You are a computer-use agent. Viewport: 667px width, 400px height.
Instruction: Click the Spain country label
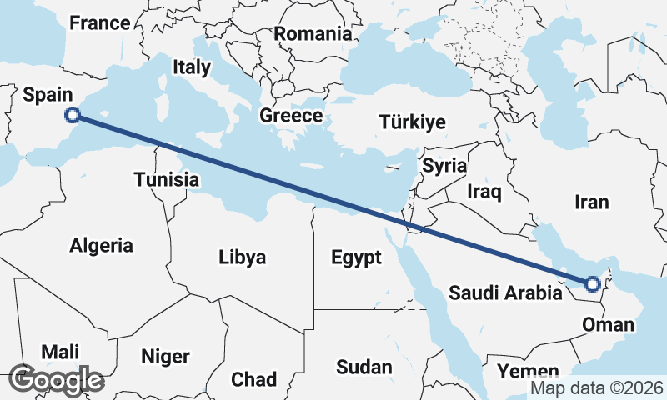coord(47,96)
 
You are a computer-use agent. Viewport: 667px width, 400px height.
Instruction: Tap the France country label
coord(99,23)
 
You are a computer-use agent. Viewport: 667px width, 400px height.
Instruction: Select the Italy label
coord(191,67)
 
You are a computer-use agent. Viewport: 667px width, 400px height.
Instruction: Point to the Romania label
coord(313,34)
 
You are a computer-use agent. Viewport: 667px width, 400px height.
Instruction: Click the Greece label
coord(290,116)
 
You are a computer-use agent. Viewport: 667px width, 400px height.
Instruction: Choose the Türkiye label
coord(412,122)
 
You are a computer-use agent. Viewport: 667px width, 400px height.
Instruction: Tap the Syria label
coord(444,165)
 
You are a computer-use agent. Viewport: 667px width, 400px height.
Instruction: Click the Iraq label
coord(484,192)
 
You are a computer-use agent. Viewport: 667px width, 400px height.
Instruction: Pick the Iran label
coord(592,202)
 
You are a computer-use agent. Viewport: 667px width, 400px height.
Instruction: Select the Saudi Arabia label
coord(505,292)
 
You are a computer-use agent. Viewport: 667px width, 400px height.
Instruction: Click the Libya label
coord(242,257)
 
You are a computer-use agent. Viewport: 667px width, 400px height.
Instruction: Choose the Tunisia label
coord(167,179)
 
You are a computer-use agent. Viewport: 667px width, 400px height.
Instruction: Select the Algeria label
coord(101,246)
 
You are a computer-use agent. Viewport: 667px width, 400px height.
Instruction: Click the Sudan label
coord(364,367)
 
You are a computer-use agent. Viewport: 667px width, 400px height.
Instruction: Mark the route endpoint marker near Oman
coord(592,284)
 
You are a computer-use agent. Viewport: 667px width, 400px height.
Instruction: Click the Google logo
coord(57,380)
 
